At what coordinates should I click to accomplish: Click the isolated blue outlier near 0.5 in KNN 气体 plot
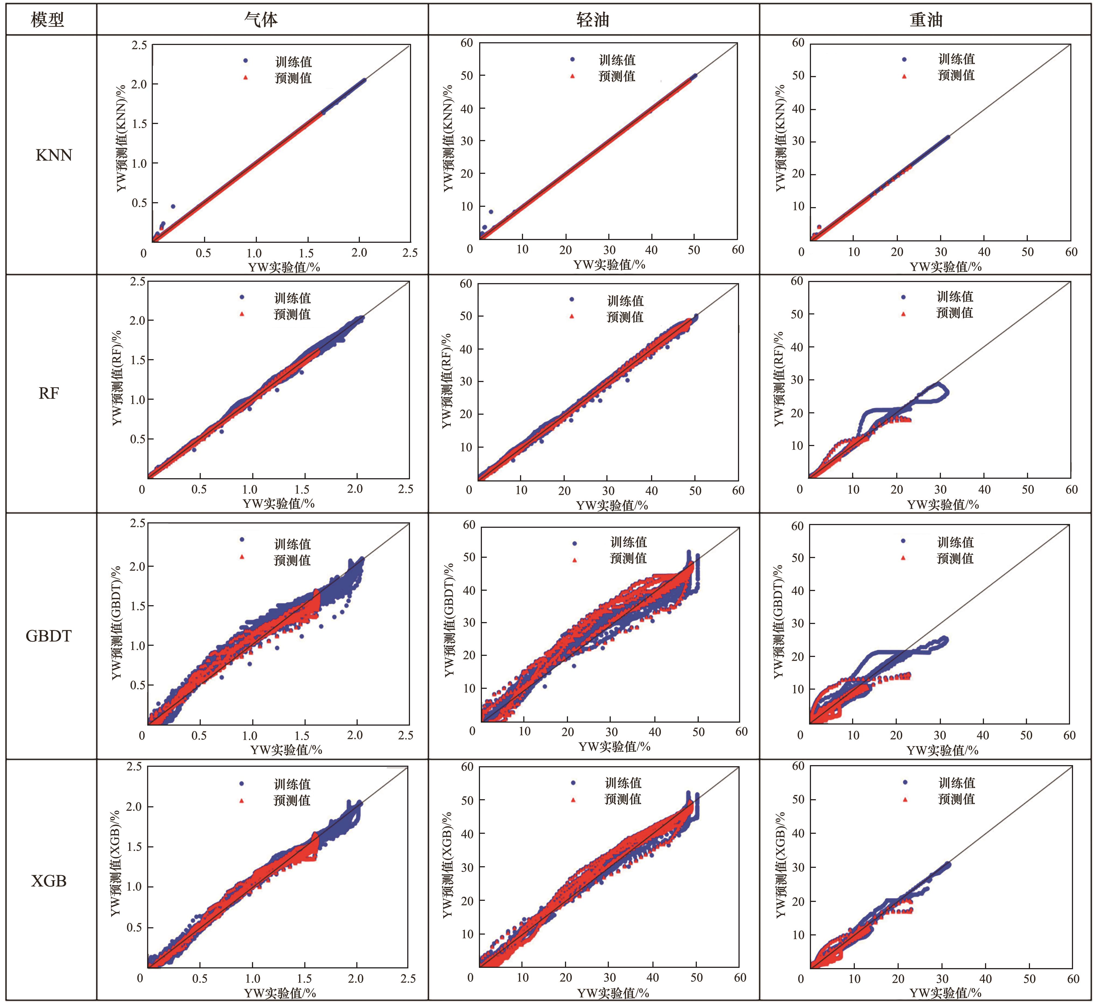172,206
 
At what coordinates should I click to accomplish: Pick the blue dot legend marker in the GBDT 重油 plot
904,541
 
